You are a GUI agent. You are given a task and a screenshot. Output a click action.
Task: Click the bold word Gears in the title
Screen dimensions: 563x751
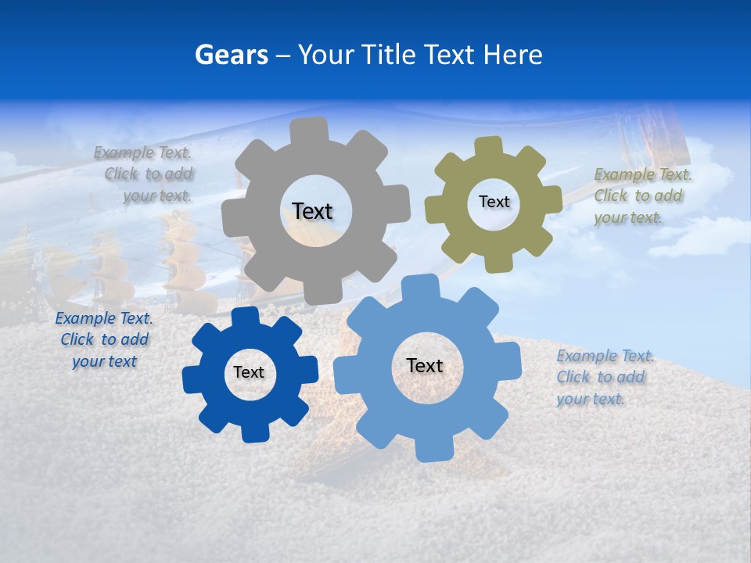click(231, 55)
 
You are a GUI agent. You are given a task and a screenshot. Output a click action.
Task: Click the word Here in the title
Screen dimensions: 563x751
click(512, 55)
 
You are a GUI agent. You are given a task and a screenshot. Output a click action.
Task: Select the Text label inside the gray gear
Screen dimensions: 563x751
click(312, 211)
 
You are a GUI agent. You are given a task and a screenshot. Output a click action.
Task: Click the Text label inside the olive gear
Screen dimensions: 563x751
click(494, 202)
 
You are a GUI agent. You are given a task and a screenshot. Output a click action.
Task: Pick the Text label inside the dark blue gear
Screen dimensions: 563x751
click(249, 373)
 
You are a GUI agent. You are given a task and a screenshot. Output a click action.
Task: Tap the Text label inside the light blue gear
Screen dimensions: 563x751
click(425, 366)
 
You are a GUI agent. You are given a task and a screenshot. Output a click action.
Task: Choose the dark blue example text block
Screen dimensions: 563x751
click(104, 340)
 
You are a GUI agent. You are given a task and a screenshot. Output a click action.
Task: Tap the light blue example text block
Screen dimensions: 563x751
click(604, 378)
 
